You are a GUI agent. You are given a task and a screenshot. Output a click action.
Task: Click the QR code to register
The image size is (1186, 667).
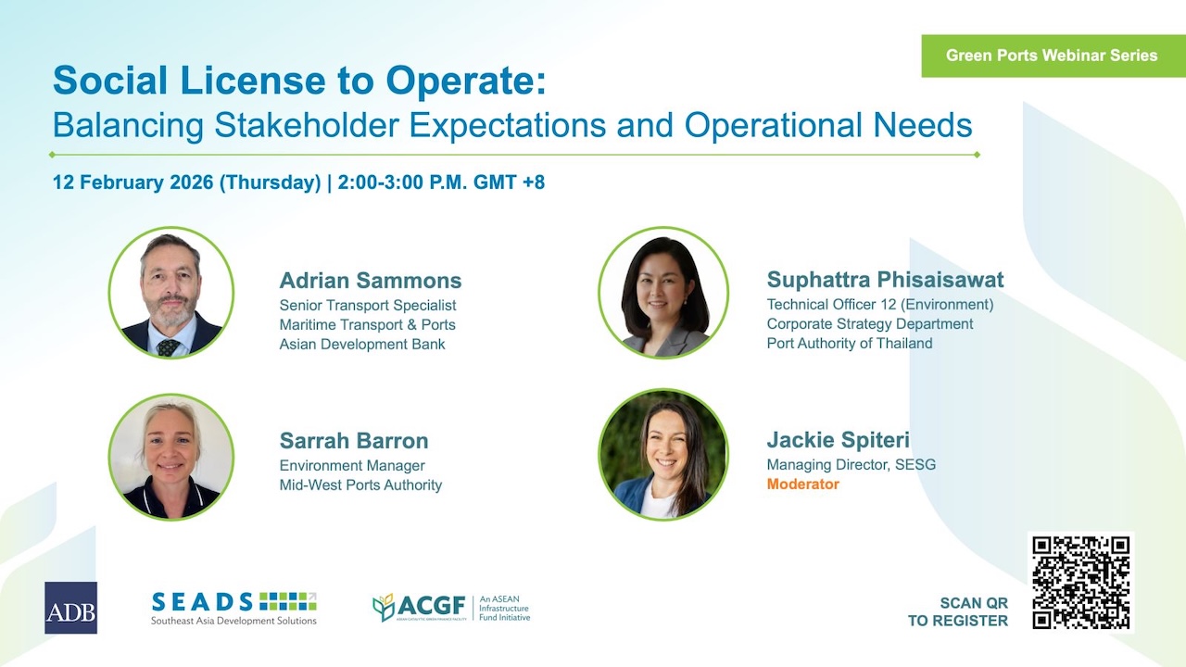[1081, 582]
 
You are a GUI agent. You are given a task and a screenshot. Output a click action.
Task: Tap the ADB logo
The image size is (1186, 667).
[70, 608]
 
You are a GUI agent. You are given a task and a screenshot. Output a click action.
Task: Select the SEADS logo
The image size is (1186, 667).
[233, 608]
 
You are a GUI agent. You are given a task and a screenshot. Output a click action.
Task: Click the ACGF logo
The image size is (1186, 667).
[450, 608]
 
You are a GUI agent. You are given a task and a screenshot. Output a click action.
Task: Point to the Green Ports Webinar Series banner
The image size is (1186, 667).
[1052, 56]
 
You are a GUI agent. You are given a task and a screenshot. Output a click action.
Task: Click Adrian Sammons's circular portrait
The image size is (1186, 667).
[171, 293]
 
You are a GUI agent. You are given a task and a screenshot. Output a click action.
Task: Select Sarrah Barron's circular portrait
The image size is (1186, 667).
[171, 456]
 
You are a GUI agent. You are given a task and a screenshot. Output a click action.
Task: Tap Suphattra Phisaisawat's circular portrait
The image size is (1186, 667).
[663, 293]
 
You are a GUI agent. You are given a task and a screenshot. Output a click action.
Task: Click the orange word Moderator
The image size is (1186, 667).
[802, 485]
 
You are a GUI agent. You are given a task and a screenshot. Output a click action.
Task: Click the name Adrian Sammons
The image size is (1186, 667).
[371, 281]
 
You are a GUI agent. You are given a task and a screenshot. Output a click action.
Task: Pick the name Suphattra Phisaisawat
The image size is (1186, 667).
[885, 280]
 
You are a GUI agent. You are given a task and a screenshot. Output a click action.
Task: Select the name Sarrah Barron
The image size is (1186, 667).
[354, 441]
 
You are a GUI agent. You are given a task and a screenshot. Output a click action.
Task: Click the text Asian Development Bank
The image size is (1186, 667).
[362, 345]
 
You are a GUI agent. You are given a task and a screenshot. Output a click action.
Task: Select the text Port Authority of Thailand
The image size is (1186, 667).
[850, 344]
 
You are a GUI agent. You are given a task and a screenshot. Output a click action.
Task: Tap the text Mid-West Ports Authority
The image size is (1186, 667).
[360, 485]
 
